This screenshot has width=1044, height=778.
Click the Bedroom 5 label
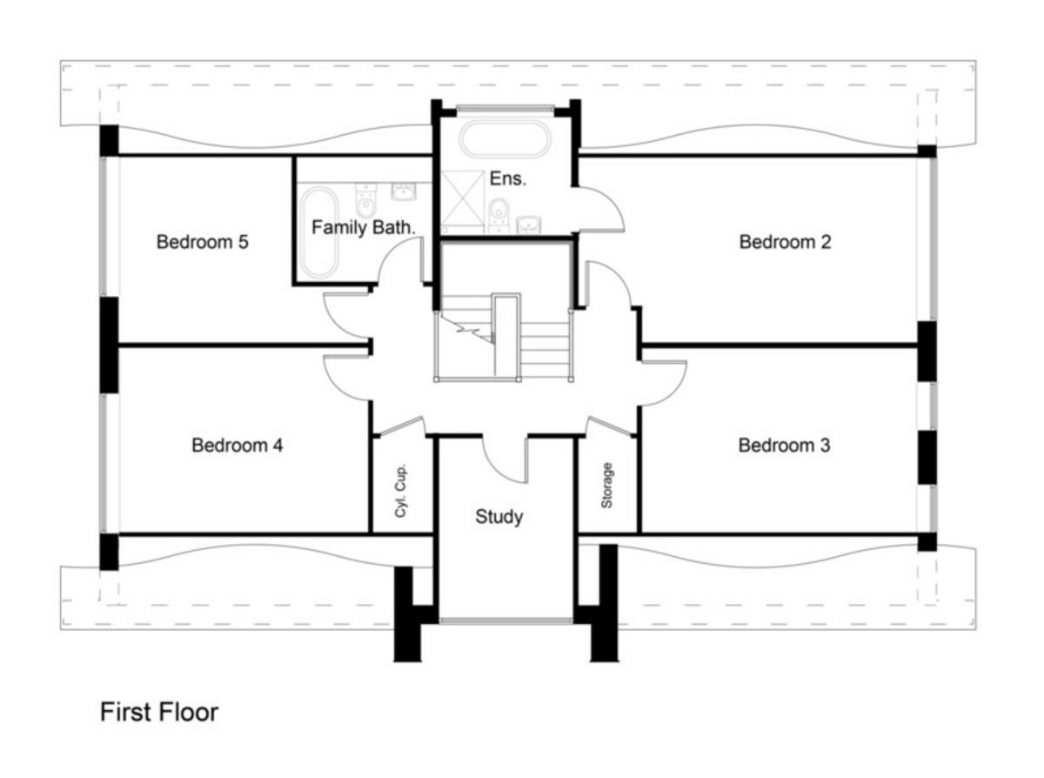202,242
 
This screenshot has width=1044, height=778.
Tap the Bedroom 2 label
785,242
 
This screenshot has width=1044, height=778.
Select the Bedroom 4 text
237,446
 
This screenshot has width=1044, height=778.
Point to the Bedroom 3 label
784,446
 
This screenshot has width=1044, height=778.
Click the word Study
499,517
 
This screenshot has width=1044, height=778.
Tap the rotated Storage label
607,486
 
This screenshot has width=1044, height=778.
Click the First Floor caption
159,712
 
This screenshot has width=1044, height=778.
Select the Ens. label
506,178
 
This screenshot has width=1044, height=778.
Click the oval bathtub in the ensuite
504,139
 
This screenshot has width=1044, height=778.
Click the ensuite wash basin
530,224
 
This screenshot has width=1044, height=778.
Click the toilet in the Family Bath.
366,201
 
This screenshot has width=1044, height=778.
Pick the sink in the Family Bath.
403,191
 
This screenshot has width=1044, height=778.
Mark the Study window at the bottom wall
505,620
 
